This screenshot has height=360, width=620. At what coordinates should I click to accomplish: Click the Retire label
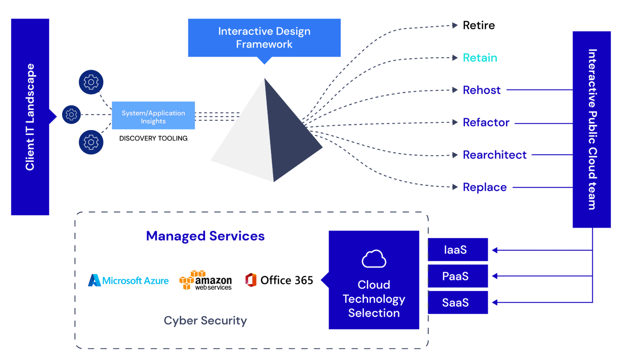[478, 25]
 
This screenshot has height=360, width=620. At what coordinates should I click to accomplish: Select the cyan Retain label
[480, 58]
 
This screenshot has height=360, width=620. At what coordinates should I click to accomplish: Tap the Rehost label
[482, 90]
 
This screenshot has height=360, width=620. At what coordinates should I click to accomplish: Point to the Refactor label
[486, 122]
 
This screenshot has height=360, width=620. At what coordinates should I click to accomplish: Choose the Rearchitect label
[494, 155]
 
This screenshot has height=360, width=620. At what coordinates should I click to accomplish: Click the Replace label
[484, 187]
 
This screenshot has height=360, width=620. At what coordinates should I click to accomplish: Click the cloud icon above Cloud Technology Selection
[374, 259]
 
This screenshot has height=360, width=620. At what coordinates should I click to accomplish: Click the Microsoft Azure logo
[128, 280]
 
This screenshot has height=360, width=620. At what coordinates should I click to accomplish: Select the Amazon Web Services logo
[205, 280]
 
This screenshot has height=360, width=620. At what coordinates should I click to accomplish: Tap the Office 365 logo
[279, 280]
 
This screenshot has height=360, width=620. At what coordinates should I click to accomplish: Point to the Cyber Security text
[205, 320]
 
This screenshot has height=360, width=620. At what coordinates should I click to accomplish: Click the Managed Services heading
[205, 236]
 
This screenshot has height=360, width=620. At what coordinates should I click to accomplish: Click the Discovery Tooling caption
[153, 138]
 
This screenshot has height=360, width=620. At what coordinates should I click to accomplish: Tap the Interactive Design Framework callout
[264, 38]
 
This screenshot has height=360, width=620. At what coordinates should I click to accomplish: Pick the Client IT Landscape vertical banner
[30, 117]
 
